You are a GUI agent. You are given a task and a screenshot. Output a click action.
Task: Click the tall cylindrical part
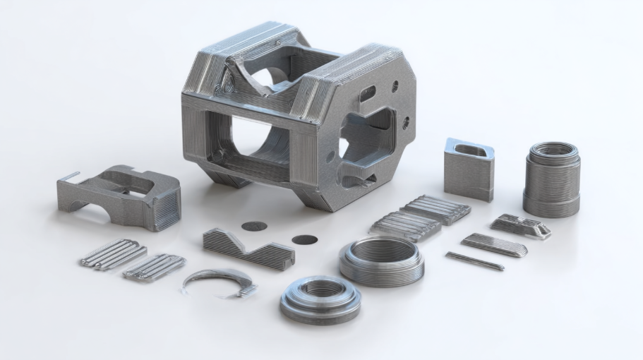coord(551,182)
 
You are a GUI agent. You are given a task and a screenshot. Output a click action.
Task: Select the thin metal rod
coord(474,261)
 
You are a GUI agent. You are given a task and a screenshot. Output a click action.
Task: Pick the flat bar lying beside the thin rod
coord(494,245)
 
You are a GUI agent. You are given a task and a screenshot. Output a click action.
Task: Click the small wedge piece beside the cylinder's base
coord(521,226)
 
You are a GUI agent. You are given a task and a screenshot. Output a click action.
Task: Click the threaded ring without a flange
coord(382,260)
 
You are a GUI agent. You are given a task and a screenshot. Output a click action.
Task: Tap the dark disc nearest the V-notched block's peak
coord(254,227)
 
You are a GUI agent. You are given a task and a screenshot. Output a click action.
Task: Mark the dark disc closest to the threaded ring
coord(305,239)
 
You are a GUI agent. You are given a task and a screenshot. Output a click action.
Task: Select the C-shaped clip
coord(218,281)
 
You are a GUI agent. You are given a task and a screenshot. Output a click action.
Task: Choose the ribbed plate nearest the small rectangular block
coord(436,209)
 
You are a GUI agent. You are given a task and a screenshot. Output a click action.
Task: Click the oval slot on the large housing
coord(368,92)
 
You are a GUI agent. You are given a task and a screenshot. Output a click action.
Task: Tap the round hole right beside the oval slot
coord(395,86)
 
